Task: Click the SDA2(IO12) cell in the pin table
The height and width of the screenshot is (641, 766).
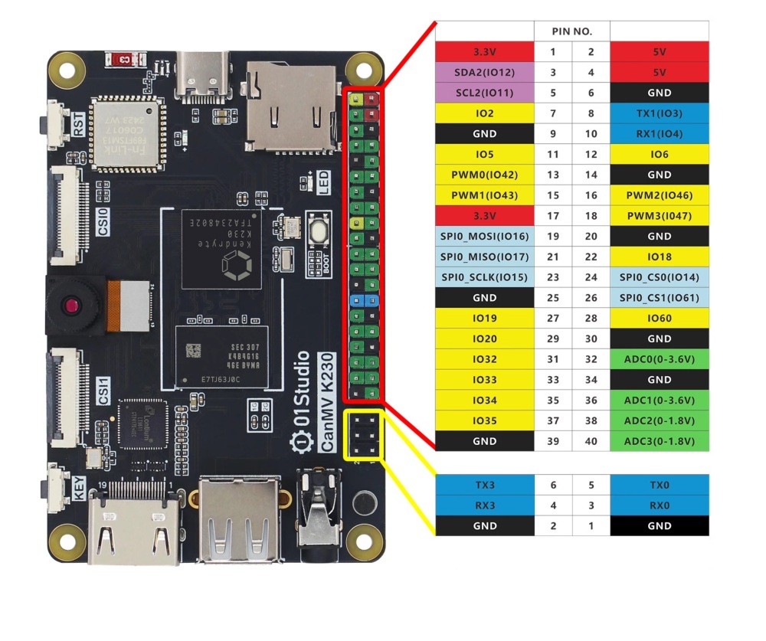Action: pos(484,72)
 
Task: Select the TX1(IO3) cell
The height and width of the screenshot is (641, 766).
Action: pos(659,113)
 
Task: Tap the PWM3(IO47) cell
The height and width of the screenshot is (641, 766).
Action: pos(659,216)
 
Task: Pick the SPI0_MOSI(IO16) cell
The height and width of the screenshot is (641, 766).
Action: pos(484,237)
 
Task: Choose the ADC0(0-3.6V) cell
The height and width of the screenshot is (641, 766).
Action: pos(659,359)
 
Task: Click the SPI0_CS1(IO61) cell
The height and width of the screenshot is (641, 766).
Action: pos(659,298)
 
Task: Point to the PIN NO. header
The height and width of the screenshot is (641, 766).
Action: pos(571,31)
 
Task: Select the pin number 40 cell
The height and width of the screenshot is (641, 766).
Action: pos(591,441)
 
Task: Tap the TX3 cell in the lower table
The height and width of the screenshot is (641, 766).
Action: pos(484,485)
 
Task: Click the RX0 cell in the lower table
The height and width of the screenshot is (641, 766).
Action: pos(659,505)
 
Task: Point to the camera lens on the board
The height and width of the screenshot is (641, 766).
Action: pos(71,306)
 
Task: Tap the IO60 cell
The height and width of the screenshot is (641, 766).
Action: pos(659,319)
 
